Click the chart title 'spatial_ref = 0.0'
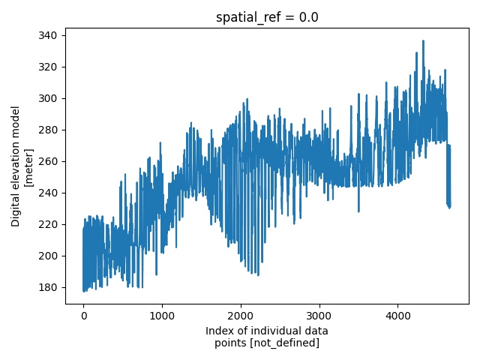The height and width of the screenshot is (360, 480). point(267,17)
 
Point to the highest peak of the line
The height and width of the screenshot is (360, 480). point(423,41)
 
